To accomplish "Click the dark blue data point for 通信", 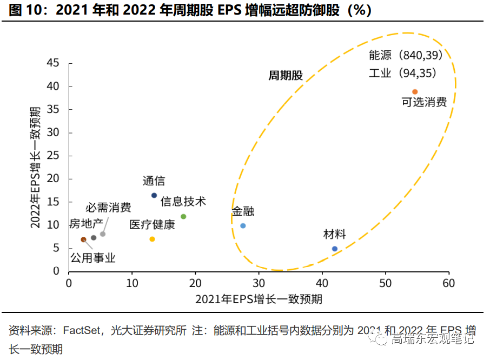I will pos(154,196).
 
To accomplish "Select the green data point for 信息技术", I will pos(183,217).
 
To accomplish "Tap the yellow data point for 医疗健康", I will pos(153,239).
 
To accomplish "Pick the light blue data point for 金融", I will pos(243,226).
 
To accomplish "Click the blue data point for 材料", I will pos(335,249).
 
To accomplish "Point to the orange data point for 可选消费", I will pos(415,92).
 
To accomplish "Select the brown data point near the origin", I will pos(83,239).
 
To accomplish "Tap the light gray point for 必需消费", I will pos(103,234).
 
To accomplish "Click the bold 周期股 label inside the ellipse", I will pos(286,76).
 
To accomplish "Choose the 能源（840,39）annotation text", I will pos(406,56).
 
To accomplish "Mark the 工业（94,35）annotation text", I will pos(402,73).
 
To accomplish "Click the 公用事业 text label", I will pos(93,258).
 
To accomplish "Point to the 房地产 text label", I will pos(85,224).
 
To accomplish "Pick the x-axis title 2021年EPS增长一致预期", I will pos(259,299).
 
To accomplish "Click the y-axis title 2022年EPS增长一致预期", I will pos(35,167).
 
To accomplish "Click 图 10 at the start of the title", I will pos(25,11).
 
